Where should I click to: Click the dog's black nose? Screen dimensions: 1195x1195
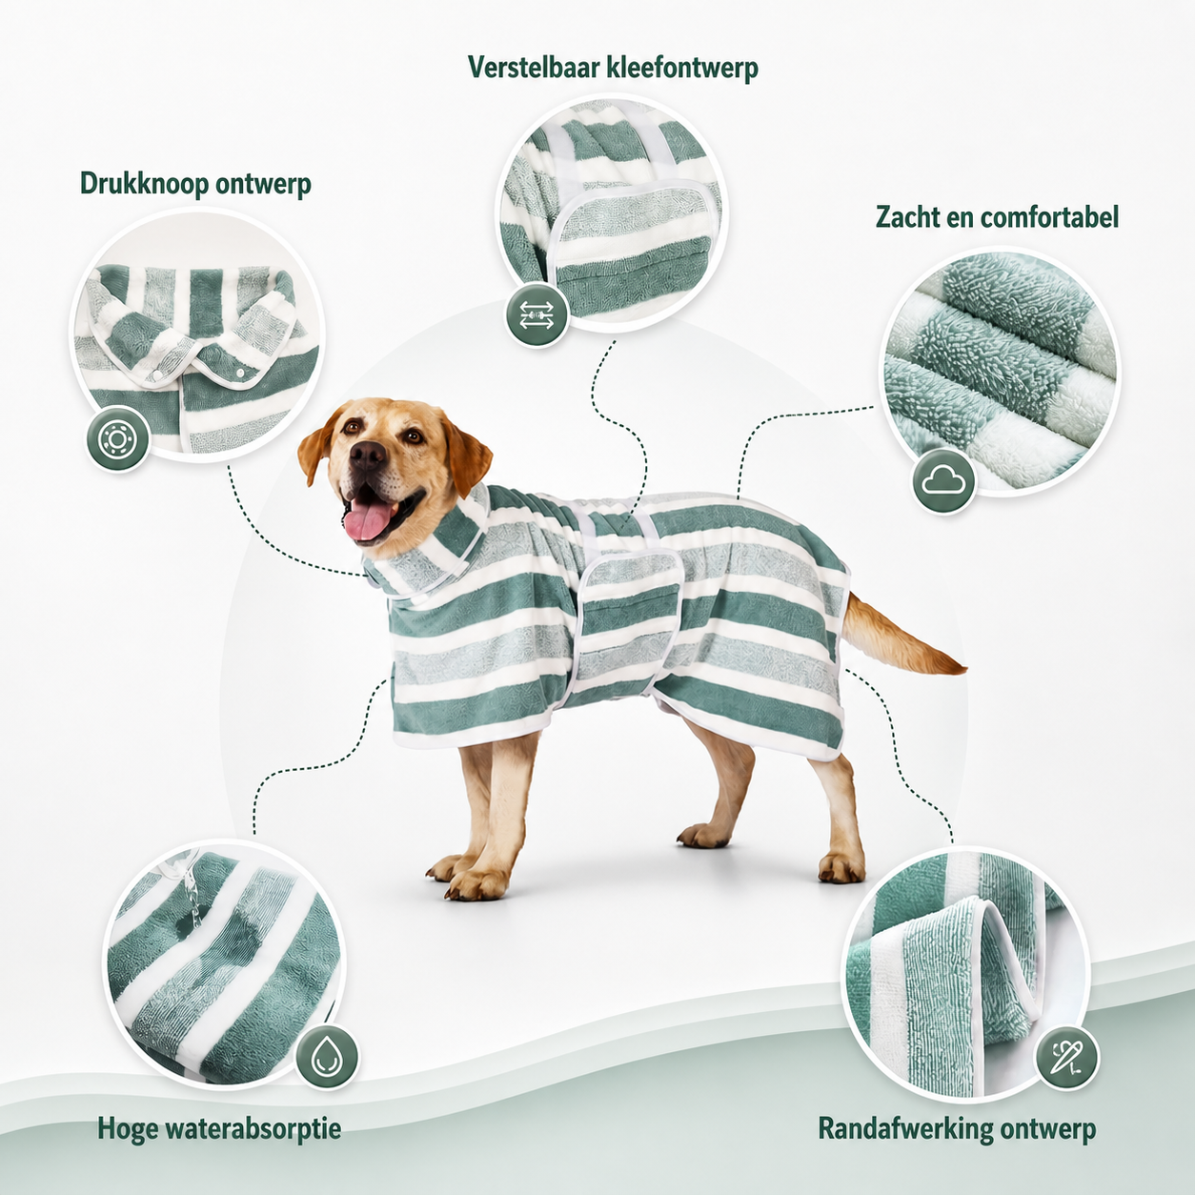(x=367, y=456)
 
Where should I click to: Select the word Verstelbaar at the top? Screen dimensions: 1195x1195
(x=536, y=67)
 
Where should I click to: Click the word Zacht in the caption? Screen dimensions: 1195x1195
(x=910, y=217)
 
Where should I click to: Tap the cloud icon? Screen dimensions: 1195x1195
(x=943, y=480)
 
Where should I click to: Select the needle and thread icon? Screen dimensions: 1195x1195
(x=1067, y=1058)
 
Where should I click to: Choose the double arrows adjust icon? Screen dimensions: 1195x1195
(x=537, y=314)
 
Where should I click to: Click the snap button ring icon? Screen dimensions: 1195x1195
(x=117, y=439)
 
